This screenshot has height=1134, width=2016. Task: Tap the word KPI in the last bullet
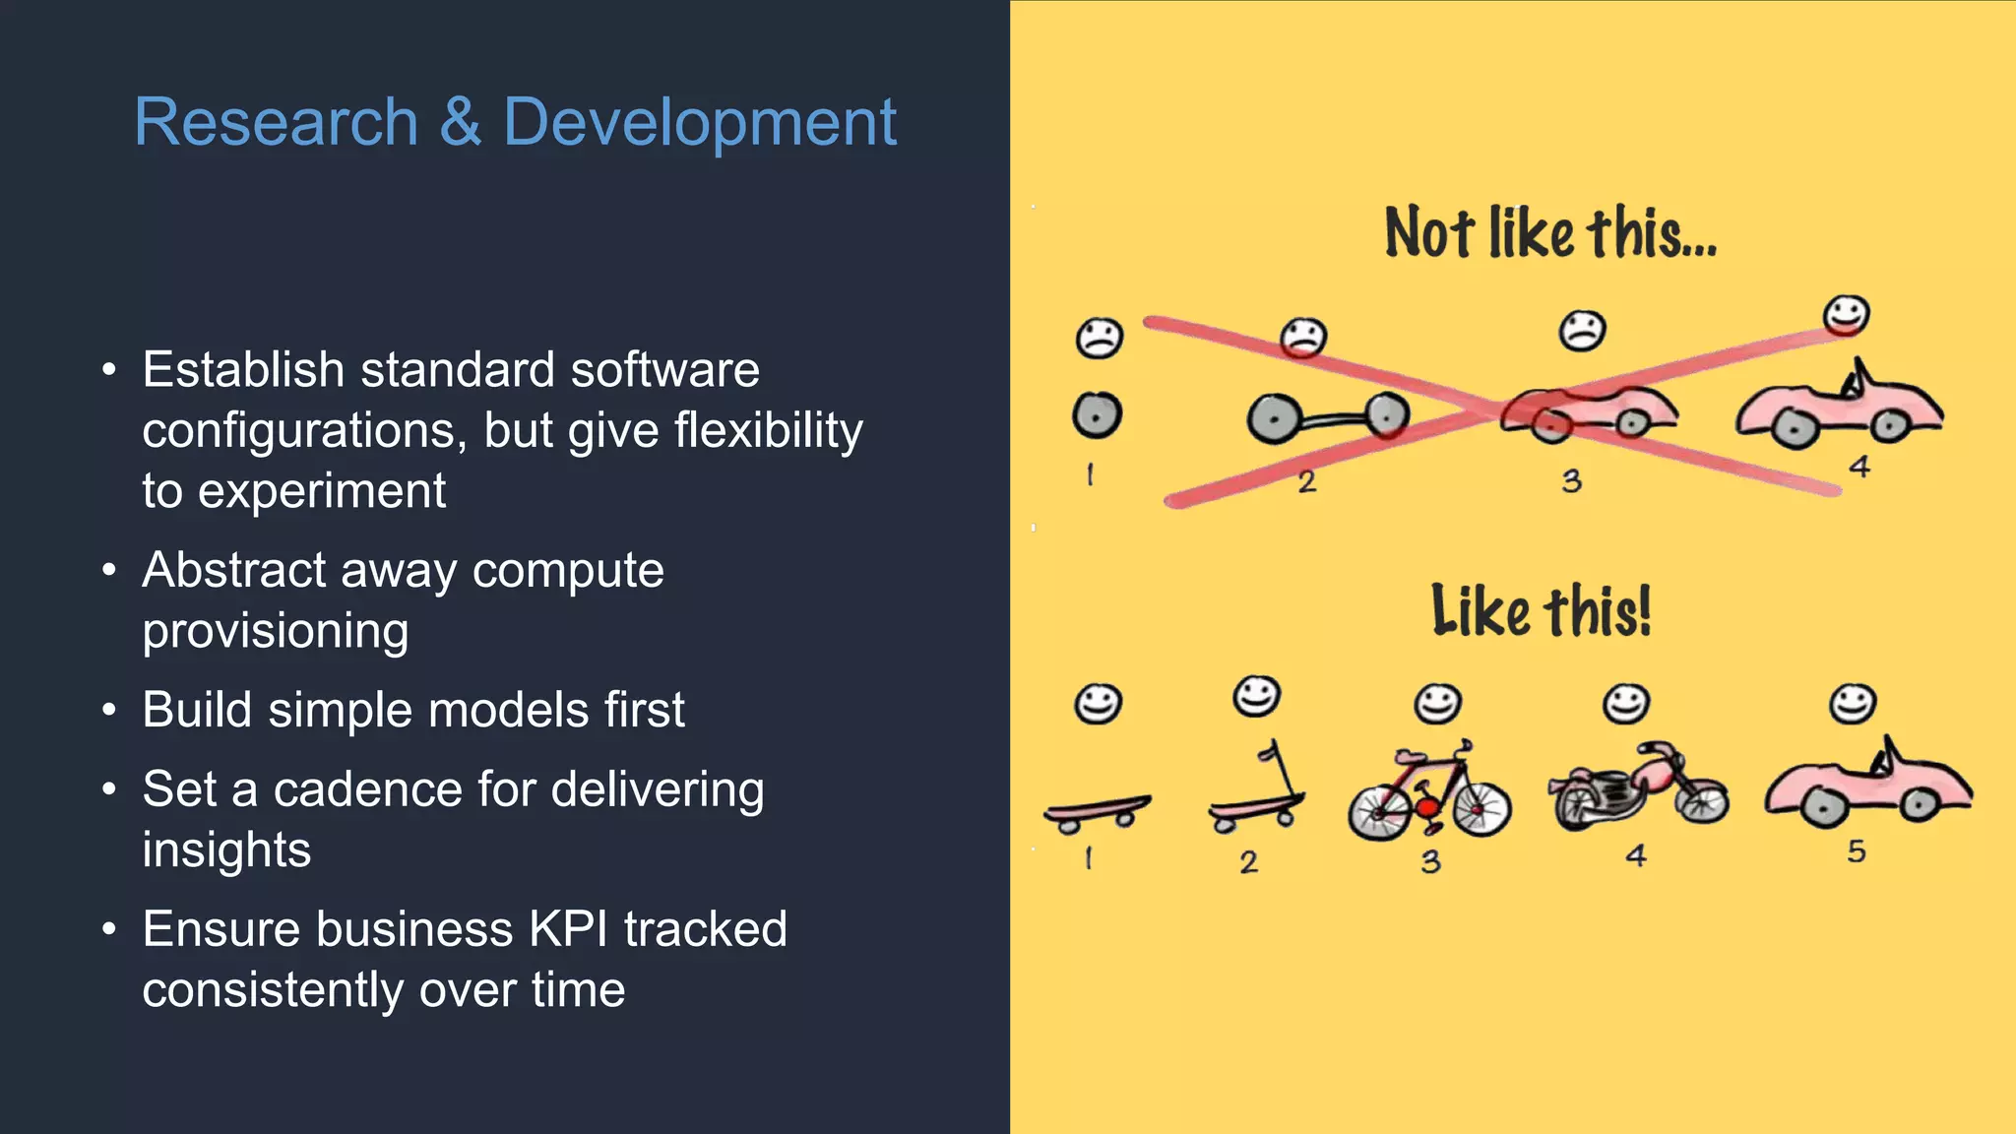pyautogui.click(x=568, y=929)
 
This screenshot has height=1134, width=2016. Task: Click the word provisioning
pyautogui.click(x=275, y=631)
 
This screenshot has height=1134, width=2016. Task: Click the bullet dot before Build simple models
pyautogui.click(x=109, y=710)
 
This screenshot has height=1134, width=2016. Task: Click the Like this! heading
pyautogui.click(x=1541, y=611)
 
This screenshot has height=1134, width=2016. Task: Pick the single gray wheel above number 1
pyautogui.click(x=1097, y=415)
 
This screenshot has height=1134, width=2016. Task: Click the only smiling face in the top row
pyautogui.click(x=1845, y=316)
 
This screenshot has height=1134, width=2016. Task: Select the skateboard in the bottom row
pyautogui.click(x=1096, y=813)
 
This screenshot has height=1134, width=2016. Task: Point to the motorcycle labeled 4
pyautogui.click(x=1636, y=787)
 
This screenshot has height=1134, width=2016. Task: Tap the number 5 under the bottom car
pyautogui.click(x=1856, y=851)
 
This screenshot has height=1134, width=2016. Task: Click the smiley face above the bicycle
pyautogui.click(x=1437, y=704)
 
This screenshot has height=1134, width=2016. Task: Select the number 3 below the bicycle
pyautogui.click(x=1430, y=862)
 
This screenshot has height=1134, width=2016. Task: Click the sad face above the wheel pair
pyautogui.click(x=1303, y=338)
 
